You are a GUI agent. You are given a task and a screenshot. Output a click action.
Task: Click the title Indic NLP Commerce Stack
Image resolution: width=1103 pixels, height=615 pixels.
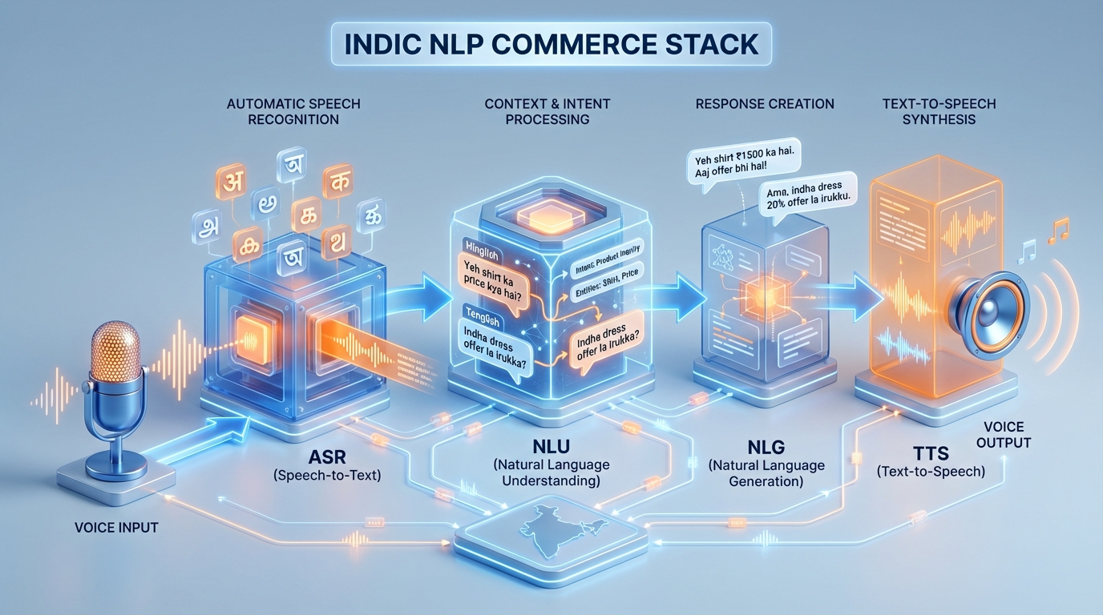(551, 43)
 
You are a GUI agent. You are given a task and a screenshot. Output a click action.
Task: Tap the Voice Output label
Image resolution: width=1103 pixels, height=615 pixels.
(1004, 435)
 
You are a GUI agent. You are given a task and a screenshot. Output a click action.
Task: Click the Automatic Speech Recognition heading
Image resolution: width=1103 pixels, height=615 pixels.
(293, 111)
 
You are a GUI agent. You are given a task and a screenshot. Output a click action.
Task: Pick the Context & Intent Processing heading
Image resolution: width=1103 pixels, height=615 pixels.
(547, 111)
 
